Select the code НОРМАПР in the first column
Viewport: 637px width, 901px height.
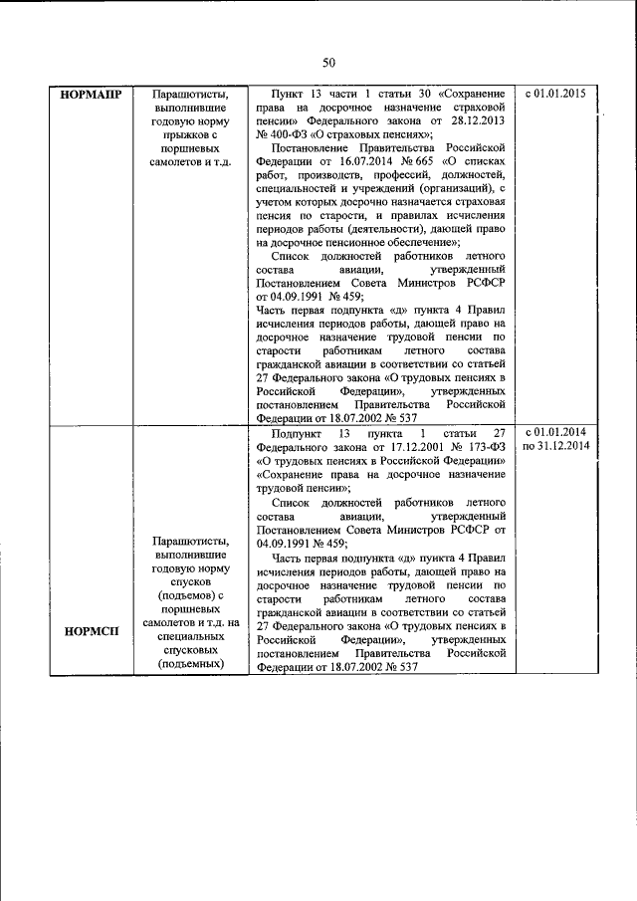(x=91, y=96)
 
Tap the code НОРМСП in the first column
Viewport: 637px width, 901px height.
(x=91, y=629)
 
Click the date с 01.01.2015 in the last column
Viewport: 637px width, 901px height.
(x=554, y=95)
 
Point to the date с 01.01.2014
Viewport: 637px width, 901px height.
(x=554, y=431)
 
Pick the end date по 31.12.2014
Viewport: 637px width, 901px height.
(x=555, y=446)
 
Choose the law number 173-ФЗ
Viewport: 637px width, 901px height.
(x=470, y=447)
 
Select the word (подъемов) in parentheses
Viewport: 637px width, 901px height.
(x=187, y=595)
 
